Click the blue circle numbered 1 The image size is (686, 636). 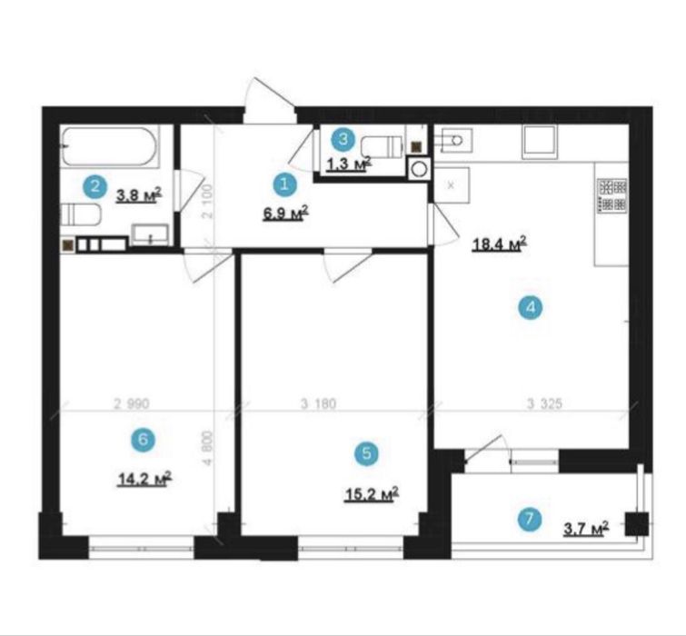[x=284, y=184]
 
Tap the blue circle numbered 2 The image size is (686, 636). [x=95, y=187]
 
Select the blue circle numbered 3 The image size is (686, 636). [x=343, y=140]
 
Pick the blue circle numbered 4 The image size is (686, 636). [x=531, y=307]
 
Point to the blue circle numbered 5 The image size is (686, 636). [x=367, y=453]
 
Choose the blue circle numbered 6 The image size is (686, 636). [x=143, y=439]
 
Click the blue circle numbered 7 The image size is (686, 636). [x=530, y=519]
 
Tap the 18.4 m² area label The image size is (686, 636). [x=499, y=244]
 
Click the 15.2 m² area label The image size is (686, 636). [x=371, y=494]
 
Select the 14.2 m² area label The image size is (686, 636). [x=144, y=479]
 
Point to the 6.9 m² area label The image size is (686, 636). [x=285, y=213]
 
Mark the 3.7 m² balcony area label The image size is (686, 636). [x=586, y=529]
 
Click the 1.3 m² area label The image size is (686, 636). [x=349, y=164]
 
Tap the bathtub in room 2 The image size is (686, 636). [x=109, y=146]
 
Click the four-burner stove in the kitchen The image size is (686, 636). [x=612, y=195]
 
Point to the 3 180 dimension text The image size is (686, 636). [x=318, y=403]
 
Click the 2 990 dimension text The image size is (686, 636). [x=132, y=403]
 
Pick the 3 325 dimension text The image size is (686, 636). [x=544, y=403]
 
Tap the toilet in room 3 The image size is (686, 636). [x=382, y=146]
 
